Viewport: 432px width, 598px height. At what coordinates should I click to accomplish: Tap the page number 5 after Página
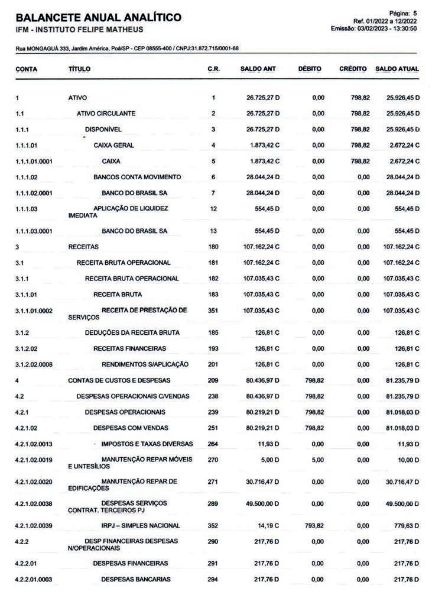click(415, 13)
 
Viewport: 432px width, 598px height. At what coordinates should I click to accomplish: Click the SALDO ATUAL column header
click(397, 69)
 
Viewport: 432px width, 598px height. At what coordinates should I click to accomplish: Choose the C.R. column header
click(214, 69)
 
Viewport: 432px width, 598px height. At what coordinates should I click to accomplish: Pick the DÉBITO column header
click(310, 69)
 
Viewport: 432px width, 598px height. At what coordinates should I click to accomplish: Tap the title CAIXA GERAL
click(113, 145)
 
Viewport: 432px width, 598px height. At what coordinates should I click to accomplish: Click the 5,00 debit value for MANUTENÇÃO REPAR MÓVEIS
click(317, 460)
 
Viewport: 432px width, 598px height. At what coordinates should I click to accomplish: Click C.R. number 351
click(213, 311)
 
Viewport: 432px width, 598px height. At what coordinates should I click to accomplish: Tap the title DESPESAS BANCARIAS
click(135, 579)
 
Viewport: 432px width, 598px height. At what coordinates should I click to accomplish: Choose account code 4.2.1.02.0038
click(37, 503)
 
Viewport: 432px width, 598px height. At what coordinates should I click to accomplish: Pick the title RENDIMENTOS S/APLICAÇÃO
click(145, 364)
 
